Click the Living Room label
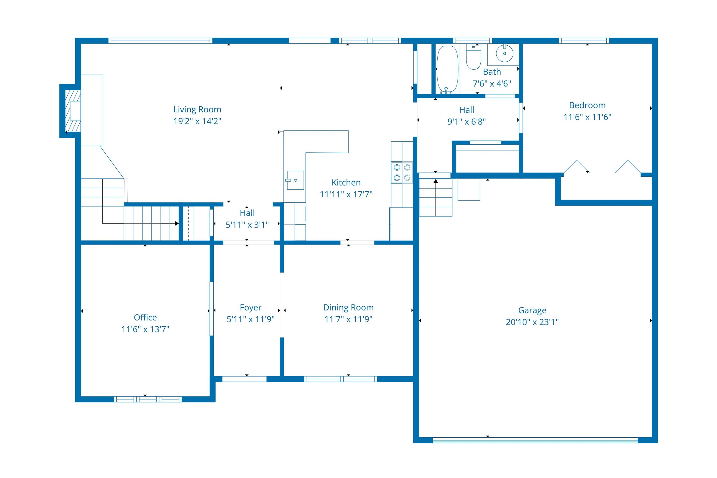point(197,109)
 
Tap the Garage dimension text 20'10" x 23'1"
point(532,322)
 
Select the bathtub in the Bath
point(447,69)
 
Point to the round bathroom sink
point(505,54)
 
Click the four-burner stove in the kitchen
point(402,173)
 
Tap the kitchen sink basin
point(295,180)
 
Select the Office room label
point(145,317)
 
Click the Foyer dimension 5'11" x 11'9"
point(250,319)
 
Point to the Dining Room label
point(348,307)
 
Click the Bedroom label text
point(587,105)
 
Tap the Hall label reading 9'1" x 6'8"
point(467,121)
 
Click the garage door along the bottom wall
point(535,440)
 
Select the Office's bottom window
point(148,399)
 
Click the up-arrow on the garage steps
point(436,182)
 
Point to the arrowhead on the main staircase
point(177,223)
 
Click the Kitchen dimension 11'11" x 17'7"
point(346,194)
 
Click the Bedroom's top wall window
point(584,41)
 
